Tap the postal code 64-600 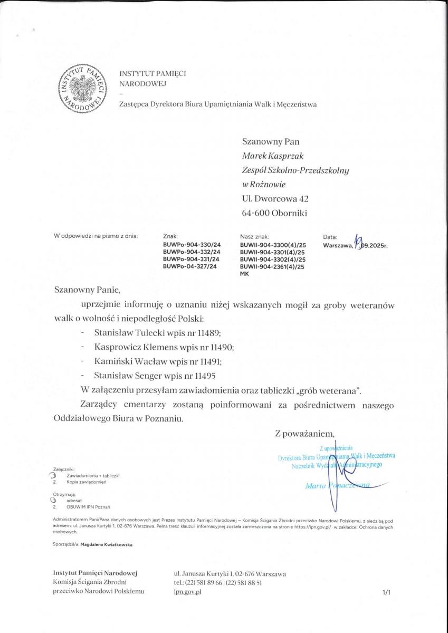point(255,214)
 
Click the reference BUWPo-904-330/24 point(192,245)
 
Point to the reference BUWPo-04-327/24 point(190,266)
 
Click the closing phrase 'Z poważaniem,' point(304,434)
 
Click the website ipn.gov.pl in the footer point(187,592)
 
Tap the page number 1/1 point(386,593)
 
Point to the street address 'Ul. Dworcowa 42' point(275,199)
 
